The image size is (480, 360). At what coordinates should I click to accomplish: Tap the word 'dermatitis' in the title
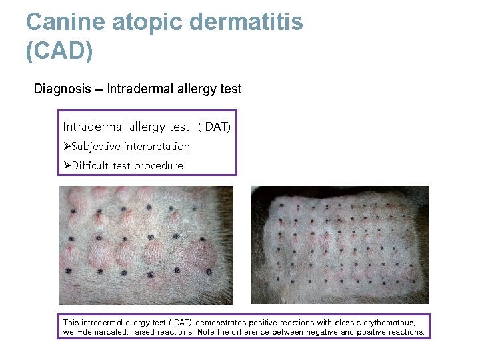pyautogui.click(x=247, y=22)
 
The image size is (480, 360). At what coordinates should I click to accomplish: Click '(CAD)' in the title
pyautogui.click(x=59, y=51)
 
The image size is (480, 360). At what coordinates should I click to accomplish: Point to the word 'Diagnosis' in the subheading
pyautogui.click(x=62, y=89)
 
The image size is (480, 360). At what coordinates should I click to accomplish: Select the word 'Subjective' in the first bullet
pyautogui.click(x=97, y=146)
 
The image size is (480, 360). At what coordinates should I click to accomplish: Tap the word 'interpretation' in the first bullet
pyautogui.click(x=157, y=146)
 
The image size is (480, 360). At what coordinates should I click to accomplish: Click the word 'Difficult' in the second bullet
pyautogui.click(x=91, y=165)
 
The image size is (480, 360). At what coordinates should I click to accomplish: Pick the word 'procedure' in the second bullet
pyautogui.click(x=158, y=165)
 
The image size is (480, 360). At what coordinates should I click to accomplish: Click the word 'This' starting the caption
pyautogui.click(x=70, y=323)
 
